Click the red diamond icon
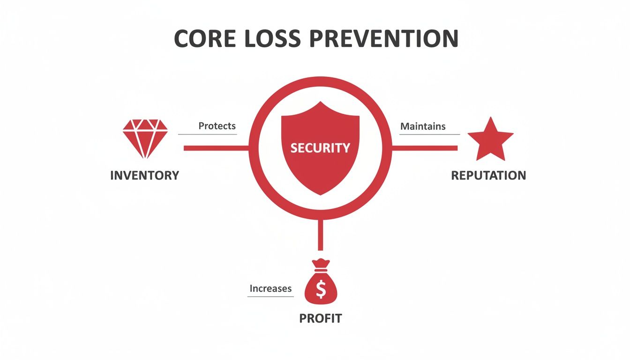[x=145, y=138]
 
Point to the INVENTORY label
[x=144, y=175]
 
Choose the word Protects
[x=217, y=126]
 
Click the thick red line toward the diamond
[x=216, y=148]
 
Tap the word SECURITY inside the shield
[x=320, y=148]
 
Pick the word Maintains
[x=423, y=126]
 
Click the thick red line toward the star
[x=424, y=148]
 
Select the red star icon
[x=490, y=140]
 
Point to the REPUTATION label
[x=488, y=175]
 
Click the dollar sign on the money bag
[x=321, y=290]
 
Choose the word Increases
[x=270, y=289]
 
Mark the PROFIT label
[x=321, y=319]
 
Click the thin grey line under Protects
[x=207, y=135]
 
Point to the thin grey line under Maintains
[x=429, y=135]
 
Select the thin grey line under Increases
[x=270, y=296]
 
